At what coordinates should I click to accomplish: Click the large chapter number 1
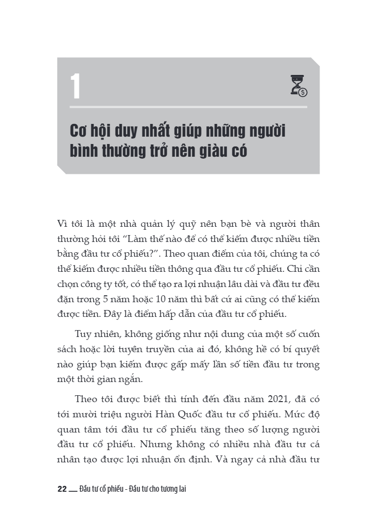[75, 87]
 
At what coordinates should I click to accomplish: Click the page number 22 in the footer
[62, 489]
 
